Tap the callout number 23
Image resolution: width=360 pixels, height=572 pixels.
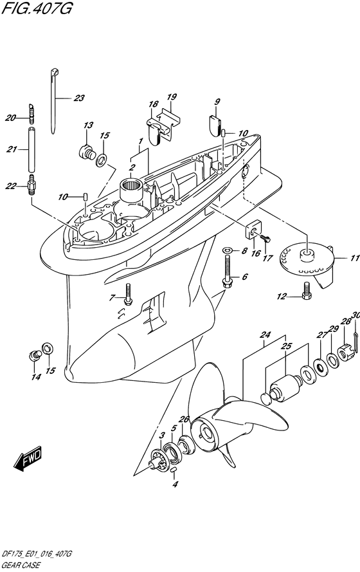78,98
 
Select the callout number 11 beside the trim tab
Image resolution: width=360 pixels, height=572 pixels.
355,258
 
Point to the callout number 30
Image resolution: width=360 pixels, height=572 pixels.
356,315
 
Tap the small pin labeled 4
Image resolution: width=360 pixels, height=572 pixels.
174,470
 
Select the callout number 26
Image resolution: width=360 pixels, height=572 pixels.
184,420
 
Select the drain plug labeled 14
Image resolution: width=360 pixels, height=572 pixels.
34,355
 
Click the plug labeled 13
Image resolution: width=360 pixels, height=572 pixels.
87,151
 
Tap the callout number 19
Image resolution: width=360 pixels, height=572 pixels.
172,97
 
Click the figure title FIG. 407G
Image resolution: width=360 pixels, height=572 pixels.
37,7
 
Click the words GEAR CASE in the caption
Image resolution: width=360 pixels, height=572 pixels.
21,566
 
